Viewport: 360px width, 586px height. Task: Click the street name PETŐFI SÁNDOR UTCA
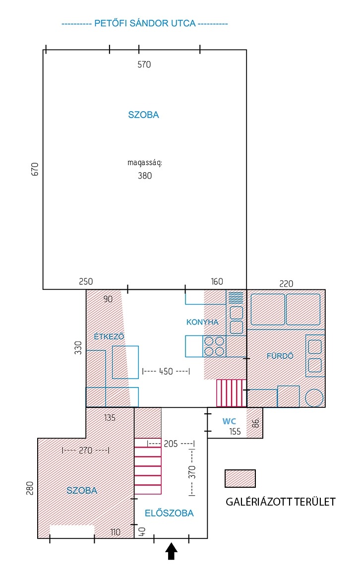click(x=145, y=23)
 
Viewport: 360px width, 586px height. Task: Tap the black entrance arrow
click(x=172, y=551)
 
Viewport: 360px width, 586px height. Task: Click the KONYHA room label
click(x=202, y=322)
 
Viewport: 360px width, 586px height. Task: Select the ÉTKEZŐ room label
click(x=109, y=336)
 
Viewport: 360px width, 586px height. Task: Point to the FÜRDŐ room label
click(x=280, y=356)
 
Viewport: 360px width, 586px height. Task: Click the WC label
click(x=229, y=421)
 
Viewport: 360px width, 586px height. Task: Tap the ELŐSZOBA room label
click(x=169, y=513)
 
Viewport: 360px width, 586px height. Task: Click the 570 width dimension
click(x=144, y=65)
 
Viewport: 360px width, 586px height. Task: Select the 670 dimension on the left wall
click(x=34, y=169)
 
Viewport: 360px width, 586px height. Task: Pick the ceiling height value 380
click(x=145, y=176)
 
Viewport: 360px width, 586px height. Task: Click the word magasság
click(x=144, y=163)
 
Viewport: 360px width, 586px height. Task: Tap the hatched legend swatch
click(x=240, y=478)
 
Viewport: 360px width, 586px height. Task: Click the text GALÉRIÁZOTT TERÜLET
click(x=281, y=502)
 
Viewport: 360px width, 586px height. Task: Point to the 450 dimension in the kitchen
click(x=166, y=372)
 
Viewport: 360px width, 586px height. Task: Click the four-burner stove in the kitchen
click(x=214, y=346)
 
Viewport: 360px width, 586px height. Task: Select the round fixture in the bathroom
click(x=314, y=397)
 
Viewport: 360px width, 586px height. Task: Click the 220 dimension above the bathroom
click(x=286, y=284)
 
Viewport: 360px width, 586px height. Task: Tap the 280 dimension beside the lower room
click(x=30, y=488)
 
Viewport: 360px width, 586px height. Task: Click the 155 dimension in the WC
click(x=235, y=432)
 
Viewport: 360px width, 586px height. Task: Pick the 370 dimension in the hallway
click(x=192, y=472)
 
